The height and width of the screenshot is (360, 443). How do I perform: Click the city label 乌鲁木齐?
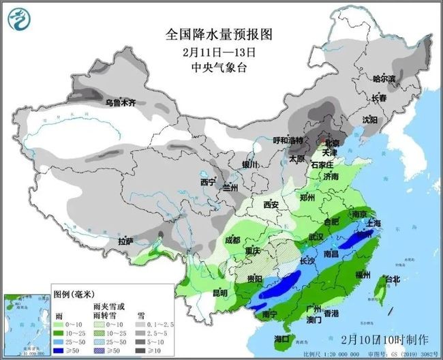point(120,103)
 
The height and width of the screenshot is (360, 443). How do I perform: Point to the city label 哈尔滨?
point(384,79)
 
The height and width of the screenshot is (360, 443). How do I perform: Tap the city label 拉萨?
point(125,241)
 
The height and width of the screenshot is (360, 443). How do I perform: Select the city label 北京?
point(331,143)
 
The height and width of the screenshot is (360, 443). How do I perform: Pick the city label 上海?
point(373,223)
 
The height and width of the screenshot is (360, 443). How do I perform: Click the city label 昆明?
point(220,292)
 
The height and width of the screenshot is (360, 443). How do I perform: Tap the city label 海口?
point(281,338)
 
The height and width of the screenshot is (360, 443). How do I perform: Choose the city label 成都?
point(232,240)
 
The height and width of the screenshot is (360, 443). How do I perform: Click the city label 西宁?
point(207,183)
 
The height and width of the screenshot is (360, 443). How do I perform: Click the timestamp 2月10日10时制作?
point(386,339)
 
